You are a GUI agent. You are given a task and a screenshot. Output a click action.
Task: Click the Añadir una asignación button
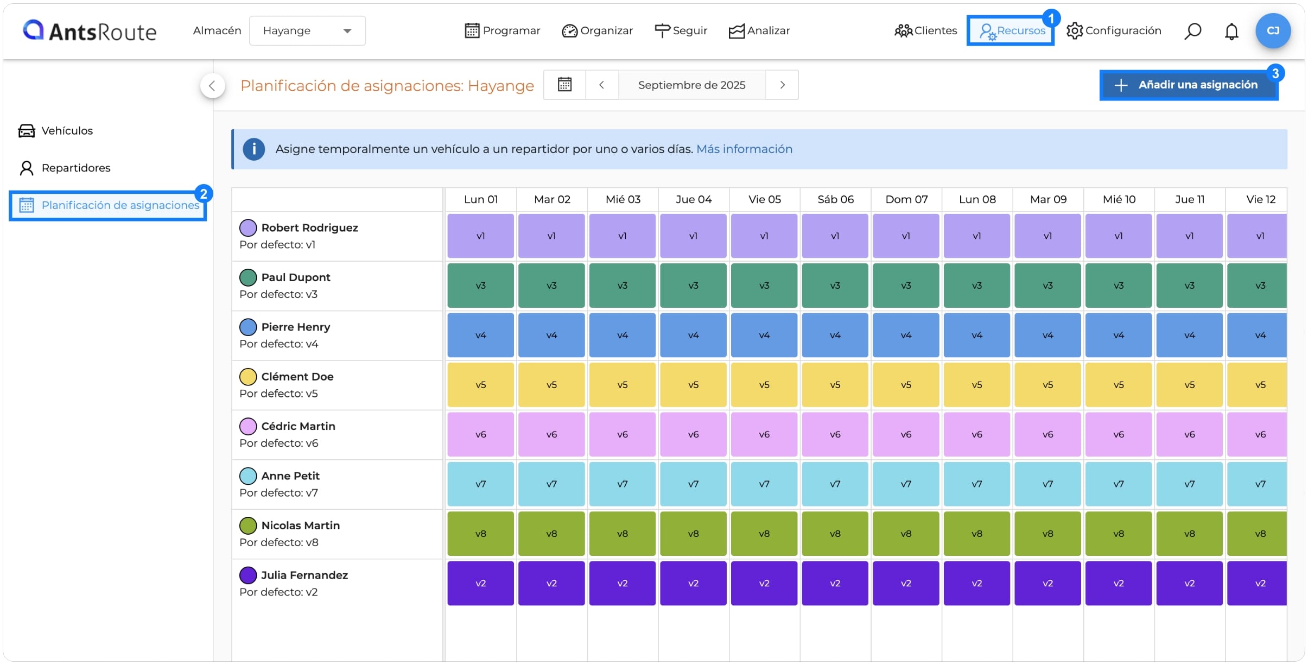1189,85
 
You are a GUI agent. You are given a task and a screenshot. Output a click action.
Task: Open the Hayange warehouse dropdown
307,31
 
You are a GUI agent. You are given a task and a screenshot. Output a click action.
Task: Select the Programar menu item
503,31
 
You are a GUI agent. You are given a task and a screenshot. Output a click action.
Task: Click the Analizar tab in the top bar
759,31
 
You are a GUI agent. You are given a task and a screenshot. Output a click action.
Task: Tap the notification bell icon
1231,31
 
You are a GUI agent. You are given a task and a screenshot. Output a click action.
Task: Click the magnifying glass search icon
1192,31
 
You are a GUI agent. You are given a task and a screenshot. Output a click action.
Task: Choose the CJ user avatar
1273,31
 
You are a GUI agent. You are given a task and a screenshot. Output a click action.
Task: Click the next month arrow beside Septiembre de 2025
782,85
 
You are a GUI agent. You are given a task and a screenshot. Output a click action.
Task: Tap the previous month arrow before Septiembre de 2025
601,85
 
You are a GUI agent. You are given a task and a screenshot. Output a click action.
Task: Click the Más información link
744,149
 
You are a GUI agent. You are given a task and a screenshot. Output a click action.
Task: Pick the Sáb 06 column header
835,200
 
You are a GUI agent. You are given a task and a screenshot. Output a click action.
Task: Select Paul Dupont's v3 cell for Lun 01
480,286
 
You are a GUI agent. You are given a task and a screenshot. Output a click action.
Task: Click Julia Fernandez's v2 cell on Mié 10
1119,584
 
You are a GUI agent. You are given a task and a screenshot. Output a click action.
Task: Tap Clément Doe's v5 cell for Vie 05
764,385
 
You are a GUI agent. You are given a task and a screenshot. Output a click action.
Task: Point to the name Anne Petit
290,476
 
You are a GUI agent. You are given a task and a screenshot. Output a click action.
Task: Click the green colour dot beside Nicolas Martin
248,525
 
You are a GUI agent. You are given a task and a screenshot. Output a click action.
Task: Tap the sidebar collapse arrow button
212,86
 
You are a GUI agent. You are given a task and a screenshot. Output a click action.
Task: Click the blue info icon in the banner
253,149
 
